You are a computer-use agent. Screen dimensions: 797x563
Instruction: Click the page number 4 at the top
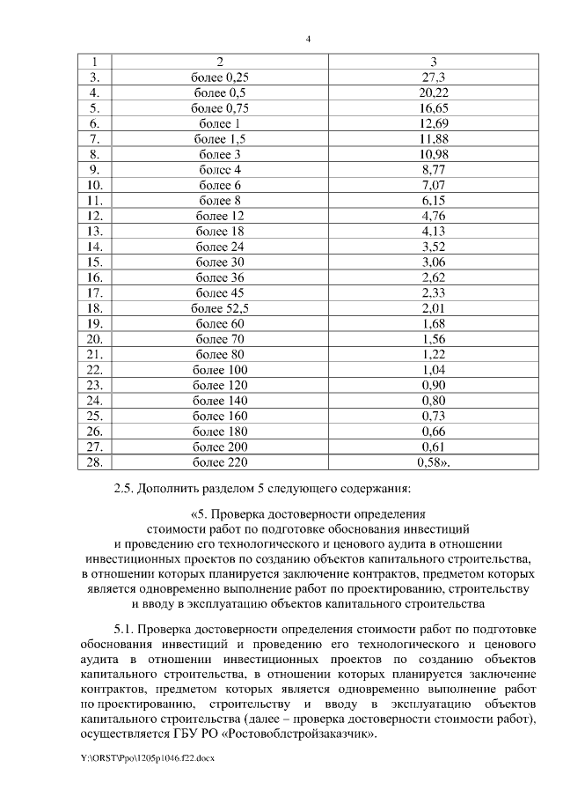click(308, 39)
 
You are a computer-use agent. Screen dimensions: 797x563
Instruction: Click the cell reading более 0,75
click(219, 108)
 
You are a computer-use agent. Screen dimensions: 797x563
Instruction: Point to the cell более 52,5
click(219, 307)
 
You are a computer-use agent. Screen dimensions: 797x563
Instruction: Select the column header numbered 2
click(219, 62)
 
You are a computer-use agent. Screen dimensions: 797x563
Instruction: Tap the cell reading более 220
click(219, 461)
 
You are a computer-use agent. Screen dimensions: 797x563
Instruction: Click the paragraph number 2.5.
click(125, 490)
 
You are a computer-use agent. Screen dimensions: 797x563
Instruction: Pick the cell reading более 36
click(219, 277)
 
